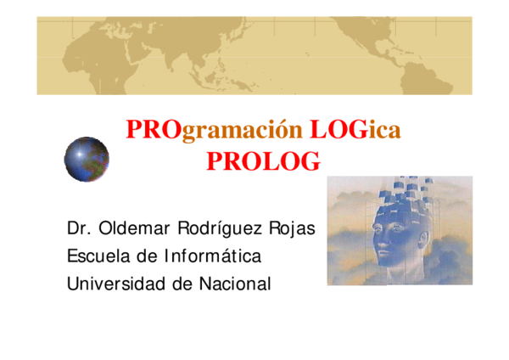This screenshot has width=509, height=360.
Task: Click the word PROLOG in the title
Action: pyautogui.click(x=263, y=160)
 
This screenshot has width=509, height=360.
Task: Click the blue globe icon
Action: pyautogui.click(x=87, y=160)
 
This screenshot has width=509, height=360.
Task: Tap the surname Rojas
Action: pyautogui.click(x=294, y=228)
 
